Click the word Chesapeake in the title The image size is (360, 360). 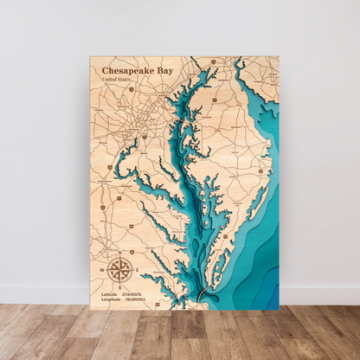tap(127, 71)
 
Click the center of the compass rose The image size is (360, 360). tap(120, 269)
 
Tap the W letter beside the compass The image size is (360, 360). tap(103, 269)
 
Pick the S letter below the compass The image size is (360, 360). tap(120, 287)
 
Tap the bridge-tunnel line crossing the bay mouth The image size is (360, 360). tap(202, 297)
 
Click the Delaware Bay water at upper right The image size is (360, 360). tap(260, 82)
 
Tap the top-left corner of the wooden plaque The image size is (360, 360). tap(90, 57)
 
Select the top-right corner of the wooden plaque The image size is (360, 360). tap(280, 57)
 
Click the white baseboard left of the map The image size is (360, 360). tap(43, 295)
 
